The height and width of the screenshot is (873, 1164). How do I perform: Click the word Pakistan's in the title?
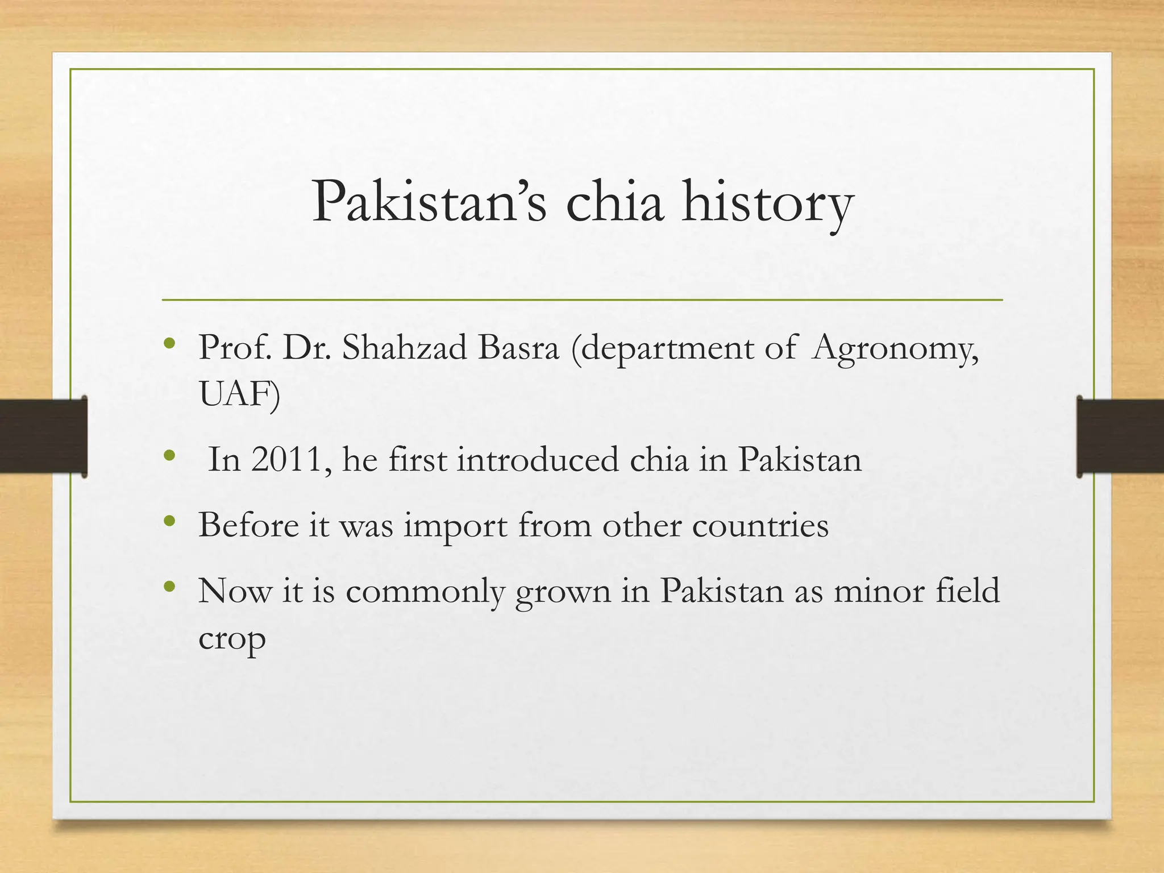tap(429, 202)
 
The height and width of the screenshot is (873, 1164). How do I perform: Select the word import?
tap(455, 526)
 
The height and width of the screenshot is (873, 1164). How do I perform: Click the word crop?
tap(232, 639)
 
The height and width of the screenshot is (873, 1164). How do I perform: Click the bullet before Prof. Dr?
tap(169, 343)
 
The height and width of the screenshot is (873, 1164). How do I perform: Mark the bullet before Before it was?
tap(169, 521)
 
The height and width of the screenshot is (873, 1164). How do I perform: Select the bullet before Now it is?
tap(169, 587)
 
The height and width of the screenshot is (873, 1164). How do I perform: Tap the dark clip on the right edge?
tap(1120, 436)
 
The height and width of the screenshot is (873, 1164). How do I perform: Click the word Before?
tap(248, 525)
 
